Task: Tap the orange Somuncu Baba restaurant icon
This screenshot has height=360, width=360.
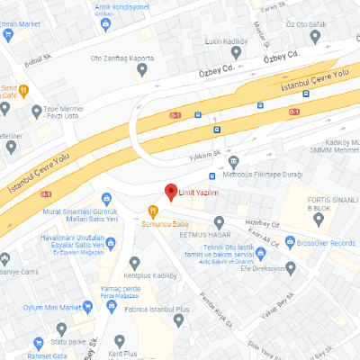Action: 153,211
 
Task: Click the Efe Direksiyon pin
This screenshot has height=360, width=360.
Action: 291,267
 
